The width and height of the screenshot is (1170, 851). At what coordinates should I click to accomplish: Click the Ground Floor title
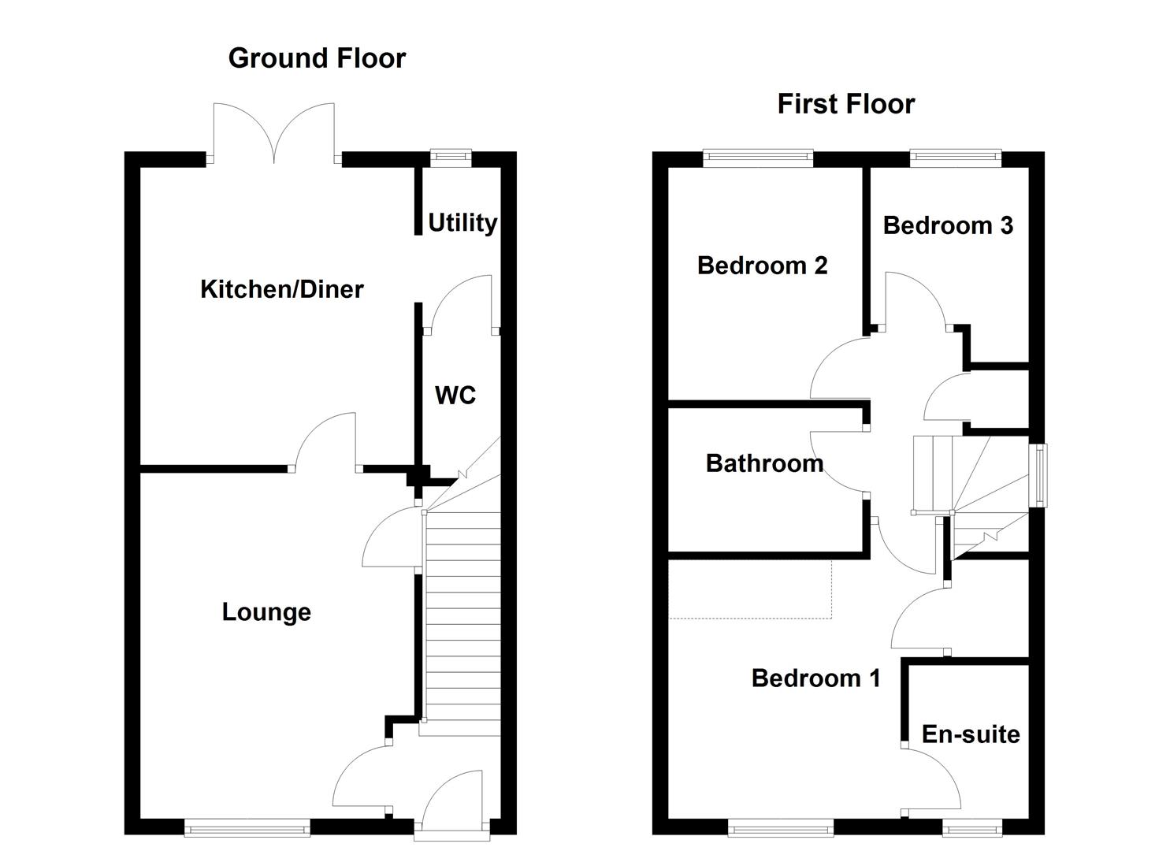317,58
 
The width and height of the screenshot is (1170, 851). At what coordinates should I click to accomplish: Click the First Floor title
845,104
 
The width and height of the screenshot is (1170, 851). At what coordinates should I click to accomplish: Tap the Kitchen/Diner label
281,289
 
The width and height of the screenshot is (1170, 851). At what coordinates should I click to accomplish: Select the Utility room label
462,223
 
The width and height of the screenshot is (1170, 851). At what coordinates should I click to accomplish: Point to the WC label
455,395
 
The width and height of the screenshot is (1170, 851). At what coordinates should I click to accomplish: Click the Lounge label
266,612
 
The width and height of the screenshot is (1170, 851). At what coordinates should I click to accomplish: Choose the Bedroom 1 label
815,678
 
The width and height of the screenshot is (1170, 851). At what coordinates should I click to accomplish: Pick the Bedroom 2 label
762,266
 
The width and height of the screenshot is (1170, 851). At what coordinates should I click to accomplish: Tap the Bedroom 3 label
947,225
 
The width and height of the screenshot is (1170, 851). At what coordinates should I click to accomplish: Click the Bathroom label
764,463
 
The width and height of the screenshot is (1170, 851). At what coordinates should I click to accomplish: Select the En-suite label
970,734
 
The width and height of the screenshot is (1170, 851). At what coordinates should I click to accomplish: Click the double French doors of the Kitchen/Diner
274,134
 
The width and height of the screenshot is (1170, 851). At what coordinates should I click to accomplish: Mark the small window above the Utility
451,158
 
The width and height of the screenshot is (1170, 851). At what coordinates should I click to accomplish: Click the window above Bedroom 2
758,158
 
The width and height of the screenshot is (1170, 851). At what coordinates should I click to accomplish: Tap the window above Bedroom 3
956,158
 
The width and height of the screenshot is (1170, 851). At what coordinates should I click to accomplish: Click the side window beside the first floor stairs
1040,475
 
